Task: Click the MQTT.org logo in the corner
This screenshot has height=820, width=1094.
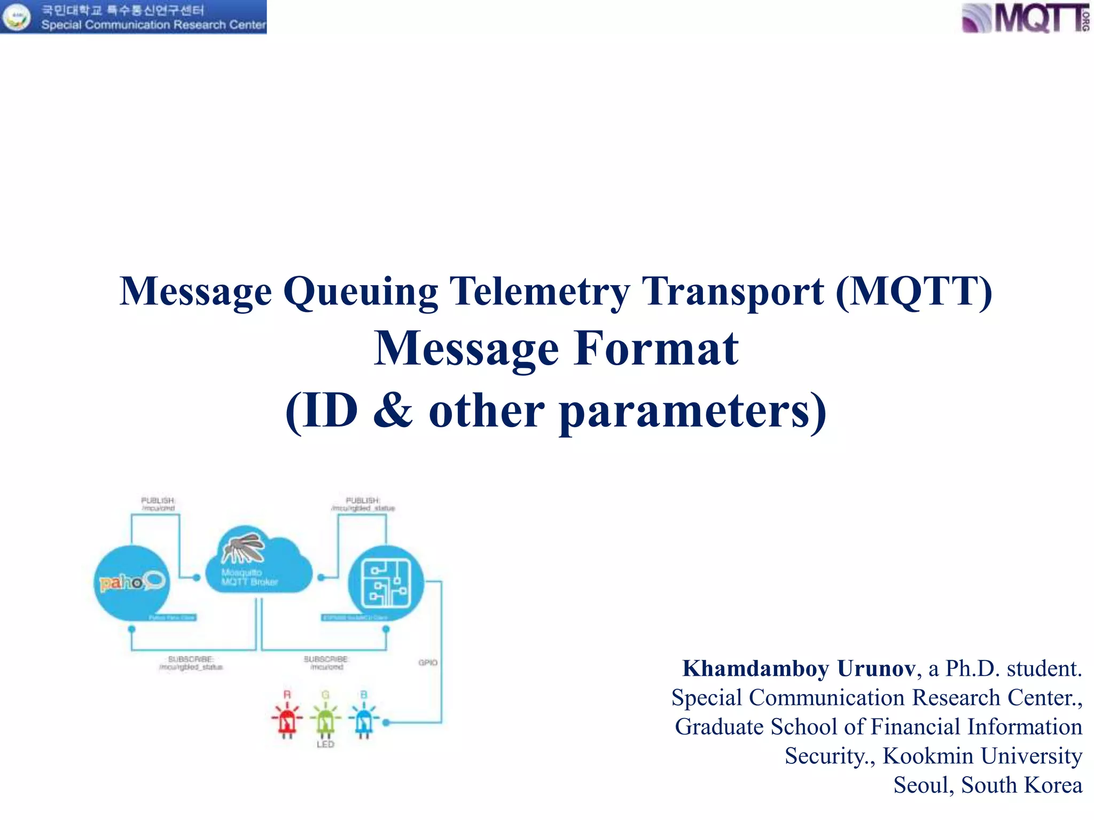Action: (x=1025, y=18)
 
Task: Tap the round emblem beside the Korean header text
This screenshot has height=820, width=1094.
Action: (x=18, y=17)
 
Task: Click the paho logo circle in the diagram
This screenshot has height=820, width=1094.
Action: (x=132, y=583)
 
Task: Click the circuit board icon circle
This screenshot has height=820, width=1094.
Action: (x=386, y=583)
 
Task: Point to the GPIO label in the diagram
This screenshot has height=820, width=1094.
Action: (x=428, y=663)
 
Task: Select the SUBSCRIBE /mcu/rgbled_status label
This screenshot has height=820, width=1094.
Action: (x=191, y=663)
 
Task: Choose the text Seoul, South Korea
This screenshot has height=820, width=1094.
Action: (x=988, y=785)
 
